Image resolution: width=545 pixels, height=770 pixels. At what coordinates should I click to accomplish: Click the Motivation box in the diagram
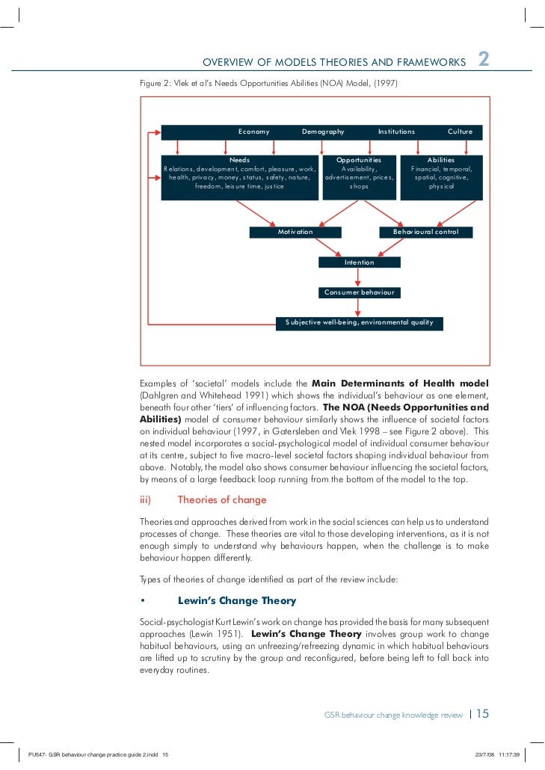click(x=295, y=232)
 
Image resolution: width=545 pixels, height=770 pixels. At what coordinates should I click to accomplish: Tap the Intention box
click(x=359, y=262)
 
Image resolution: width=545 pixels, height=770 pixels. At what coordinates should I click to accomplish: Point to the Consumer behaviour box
click(x=359, y=292)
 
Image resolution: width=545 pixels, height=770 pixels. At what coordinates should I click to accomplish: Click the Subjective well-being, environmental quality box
click(x=359, y=323)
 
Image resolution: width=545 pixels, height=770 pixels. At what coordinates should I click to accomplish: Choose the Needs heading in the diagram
click(x=239, y=160)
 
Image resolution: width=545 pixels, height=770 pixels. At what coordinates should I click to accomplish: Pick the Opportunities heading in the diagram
click(x=359, y=160)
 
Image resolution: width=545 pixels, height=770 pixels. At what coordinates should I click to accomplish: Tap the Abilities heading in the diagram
click(x=440, y=160)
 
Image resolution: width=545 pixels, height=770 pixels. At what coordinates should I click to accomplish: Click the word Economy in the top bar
click(x=253, y=132)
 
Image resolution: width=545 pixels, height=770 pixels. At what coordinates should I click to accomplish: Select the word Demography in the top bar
click(x=323, y=132)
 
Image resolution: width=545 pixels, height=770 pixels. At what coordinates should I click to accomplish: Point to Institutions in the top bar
click(x=396, y=132)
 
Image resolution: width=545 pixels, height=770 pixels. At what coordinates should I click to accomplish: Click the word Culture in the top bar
click(x=460, y=132)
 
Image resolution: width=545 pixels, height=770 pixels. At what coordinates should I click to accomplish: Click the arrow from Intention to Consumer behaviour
click(x=359, y=277)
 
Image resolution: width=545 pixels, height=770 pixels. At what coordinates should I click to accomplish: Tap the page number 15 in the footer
click(x=482, y=714)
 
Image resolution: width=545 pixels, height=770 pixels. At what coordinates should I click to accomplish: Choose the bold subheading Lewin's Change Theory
click(x=236, y=601)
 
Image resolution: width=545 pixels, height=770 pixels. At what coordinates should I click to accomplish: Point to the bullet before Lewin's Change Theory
click(x=142, y=601)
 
